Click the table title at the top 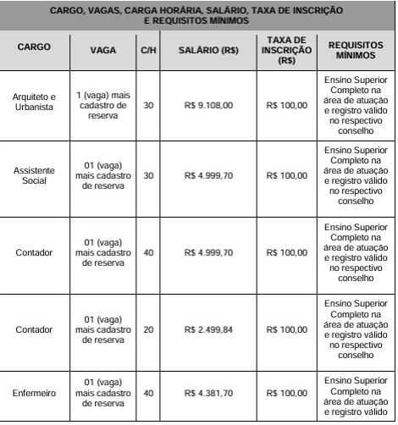[x=197, y=15]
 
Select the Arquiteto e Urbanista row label [x=35, y=105]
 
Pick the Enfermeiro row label [x=35, y=393]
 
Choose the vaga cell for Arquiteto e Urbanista [x=103, y=105]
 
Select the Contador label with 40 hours [x=35, y=252]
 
